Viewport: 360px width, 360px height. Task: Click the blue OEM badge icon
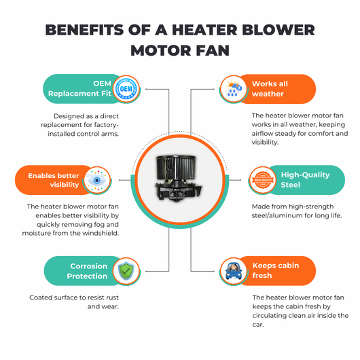point(126,89)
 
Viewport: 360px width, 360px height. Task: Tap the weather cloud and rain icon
point(234,88)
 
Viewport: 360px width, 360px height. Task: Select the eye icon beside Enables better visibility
point(97,180)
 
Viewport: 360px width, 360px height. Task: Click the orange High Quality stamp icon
point(263,180)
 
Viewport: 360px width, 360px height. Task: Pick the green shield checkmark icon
point(126,271)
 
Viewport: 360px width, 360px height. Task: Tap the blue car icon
point(234,271)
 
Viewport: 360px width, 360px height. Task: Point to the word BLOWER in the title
point(278,30)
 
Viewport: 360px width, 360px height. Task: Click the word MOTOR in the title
point(160,50)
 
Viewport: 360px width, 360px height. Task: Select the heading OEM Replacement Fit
point(79,88)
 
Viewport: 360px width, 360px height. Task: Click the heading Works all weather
point(270,88)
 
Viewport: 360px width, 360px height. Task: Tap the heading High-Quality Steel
point(305,180)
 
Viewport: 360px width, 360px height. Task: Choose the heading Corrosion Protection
point(87,271)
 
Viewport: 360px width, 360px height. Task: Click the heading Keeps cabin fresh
point(276,270)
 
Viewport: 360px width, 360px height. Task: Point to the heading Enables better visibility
point(54,180)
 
